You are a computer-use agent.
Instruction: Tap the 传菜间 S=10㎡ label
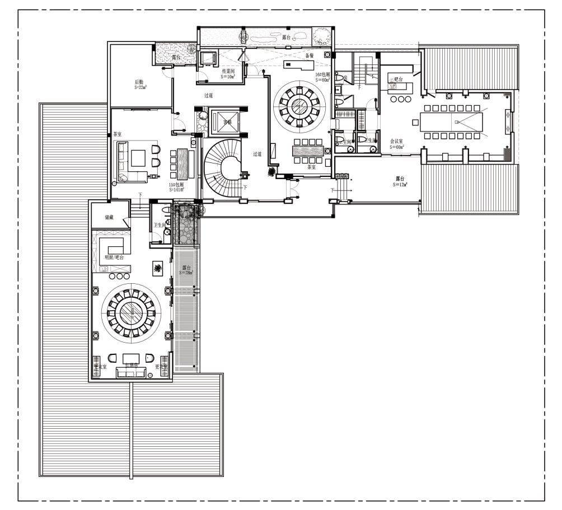click(x=228, y=74)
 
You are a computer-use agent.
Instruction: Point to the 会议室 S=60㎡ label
click(x=397, y=144)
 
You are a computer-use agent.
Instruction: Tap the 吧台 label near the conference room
click(x=399, y=79)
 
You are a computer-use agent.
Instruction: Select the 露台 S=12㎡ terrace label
click(x=400, y=181)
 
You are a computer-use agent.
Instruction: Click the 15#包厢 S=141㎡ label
click(x=177, y=186)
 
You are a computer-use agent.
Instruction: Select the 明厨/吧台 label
click(x=114, y=258)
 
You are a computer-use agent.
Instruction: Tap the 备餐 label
click(x=309, y=55)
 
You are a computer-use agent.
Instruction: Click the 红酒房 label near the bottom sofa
click(x=132, y=364)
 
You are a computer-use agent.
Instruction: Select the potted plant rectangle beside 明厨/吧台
click(x=159, y=269)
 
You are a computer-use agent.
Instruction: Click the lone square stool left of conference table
click(x=415, y=121)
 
